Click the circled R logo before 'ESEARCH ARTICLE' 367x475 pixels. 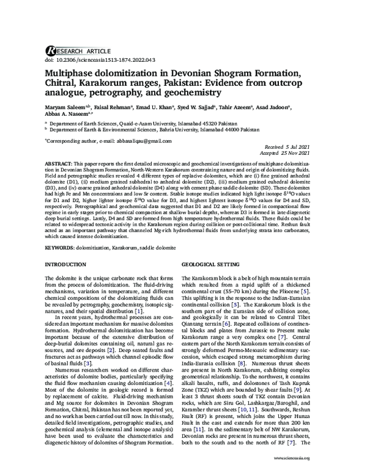point(50,51)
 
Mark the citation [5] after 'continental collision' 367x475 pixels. point(233,304)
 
